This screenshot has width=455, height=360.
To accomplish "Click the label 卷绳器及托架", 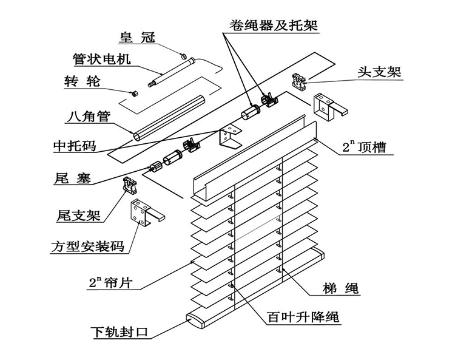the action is click(274, 25).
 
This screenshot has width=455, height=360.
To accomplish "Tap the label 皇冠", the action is click(137, 38).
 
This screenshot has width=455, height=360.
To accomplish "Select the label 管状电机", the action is click(101, 59).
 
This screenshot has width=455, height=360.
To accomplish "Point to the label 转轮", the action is click(83, 81).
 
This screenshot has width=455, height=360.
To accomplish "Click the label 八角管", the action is click(89, 116).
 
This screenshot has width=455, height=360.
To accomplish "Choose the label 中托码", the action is click(75, 146).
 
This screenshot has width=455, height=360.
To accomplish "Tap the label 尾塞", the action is click(72, 178).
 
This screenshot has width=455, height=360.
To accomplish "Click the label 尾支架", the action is click(78, 216).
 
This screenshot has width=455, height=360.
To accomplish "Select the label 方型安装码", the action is click(87, 246).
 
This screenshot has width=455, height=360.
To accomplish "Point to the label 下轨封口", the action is click(120, 332).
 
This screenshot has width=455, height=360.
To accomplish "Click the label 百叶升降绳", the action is click(303, 317).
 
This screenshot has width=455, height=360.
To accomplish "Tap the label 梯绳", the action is click(341, 288).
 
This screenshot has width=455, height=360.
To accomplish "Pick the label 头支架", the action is click(379, 72).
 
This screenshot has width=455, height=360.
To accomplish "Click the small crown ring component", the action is click(183, 56).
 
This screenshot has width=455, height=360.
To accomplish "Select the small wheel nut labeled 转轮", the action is click(134, 93).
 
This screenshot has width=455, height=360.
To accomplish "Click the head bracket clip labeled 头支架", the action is click(298, 81).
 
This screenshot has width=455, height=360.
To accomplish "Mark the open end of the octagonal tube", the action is click(137, 136).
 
